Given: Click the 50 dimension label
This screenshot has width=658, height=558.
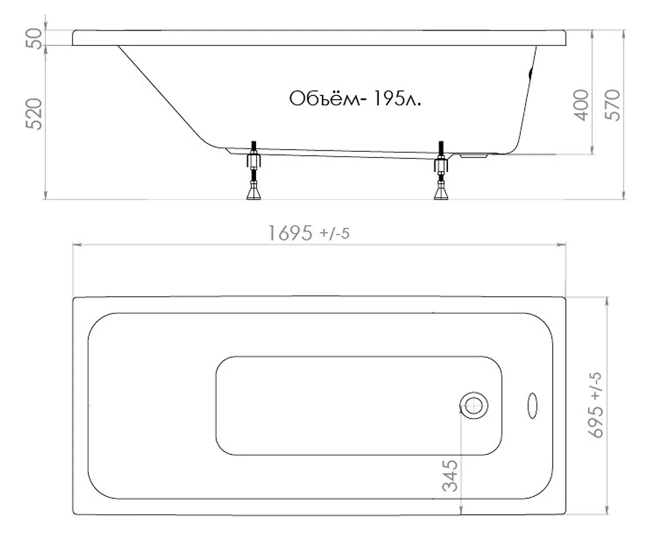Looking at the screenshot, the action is tap(34, 38).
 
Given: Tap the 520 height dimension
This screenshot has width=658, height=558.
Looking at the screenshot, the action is tap(34, 114).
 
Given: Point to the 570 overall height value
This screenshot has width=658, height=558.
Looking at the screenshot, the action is tap(612, 105).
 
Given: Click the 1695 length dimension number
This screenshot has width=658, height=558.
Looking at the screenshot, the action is tap(290, 233).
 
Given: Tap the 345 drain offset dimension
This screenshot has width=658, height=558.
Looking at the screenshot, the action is tap(450, 476).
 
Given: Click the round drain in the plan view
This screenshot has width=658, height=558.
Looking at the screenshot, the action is tap(474, 406).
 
